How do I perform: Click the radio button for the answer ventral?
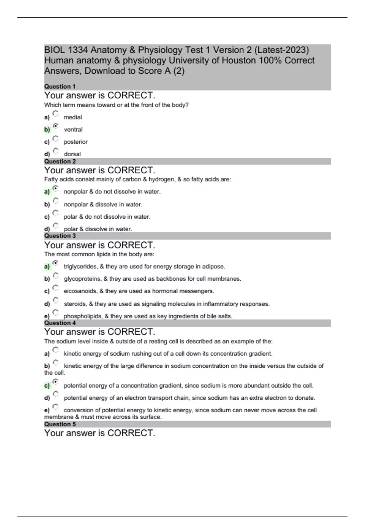pos(56,126)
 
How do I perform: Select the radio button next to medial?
pos(55,114)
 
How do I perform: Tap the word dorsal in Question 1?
pos(72,154)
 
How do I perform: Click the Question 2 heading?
pos(60,161)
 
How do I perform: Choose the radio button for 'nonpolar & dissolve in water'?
pos(56,201)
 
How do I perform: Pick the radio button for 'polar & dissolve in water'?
pos(56,226)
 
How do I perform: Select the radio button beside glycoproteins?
pos(56,276)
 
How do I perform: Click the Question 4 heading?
pos(60,323)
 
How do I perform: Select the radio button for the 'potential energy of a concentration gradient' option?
pos(56,382)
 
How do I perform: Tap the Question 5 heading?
pos(60,424)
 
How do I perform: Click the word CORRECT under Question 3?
pos(131,245)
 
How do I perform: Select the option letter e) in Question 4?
pos(47,410)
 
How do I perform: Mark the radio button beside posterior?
pos(55,139)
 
